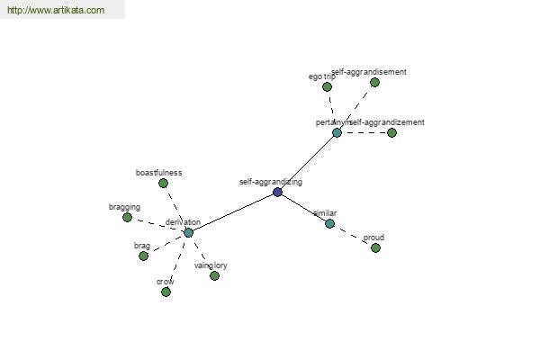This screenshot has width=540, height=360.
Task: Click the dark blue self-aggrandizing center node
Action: click(x=277, y=192)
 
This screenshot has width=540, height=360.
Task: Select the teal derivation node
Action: click(x=188, y=232)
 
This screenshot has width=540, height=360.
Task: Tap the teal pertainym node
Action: click(x=337, y=132)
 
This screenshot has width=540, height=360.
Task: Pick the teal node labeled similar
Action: click(x=329, y=223)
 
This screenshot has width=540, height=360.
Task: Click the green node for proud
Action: click(x=375, y=247)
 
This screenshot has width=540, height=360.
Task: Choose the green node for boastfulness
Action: click(x=163, y=183)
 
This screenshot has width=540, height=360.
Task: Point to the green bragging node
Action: click(x=127, y=217)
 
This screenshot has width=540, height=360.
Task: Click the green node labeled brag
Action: click(x=143, y=256)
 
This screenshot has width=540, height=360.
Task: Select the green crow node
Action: click(x=166, y=292)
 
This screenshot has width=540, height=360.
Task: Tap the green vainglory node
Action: click(x=214, y=275)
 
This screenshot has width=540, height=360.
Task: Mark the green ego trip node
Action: click(x=327, y=87)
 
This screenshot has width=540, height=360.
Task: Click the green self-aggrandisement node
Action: click(x=374, y=82)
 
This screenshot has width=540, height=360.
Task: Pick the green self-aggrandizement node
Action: click(x=391, y=132)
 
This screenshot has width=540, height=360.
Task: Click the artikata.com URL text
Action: click(x=55, y=11)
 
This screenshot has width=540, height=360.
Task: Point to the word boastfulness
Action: click(x=159, y=172)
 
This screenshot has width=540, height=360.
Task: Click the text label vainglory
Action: click(x=211, y=265)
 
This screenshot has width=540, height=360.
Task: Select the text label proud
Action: click(x=373, y=238)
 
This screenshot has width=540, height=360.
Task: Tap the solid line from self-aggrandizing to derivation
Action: click(x=232, y=212)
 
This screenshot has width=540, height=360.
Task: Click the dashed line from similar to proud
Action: click(x=352, y=235)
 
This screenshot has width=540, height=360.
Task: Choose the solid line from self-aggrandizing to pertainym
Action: click(x=307, y=162)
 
